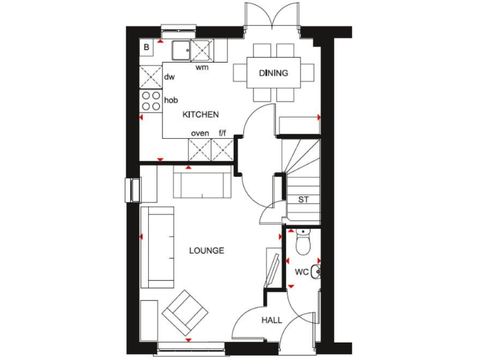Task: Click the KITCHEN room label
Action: point(200,114)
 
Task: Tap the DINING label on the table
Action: point(274,73)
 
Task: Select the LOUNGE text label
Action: point(206,251)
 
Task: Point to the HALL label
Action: point(271,320)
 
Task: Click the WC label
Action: point(301,272)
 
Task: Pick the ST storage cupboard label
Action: point(303,200)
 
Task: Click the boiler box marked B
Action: point(147,47)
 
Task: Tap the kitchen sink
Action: point(184,49)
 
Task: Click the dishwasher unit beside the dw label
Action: point(151,77)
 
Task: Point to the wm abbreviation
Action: point(202,67)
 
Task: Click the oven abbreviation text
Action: point(200,133)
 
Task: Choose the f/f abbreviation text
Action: point(222,133)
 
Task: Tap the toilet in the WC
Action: point(302,242)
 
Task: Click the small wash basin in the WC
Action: point(316,271)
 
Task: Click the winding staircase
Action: point(300,166)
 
